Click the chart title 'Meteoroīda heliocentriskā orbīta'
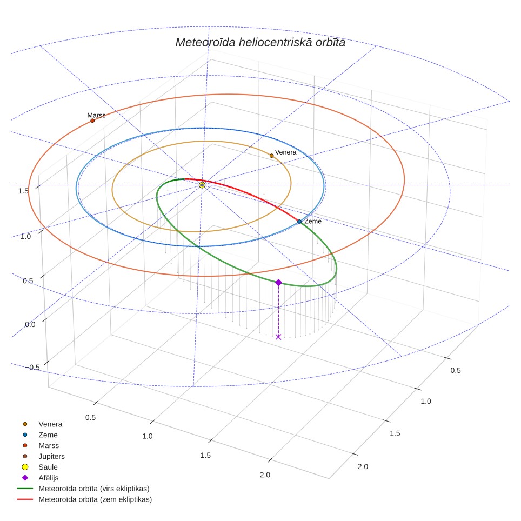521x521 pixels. click(260, 43)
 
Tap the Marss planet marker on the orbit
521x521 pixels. click(92, 121)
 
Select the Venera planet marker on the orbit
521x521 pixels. click(271, 156)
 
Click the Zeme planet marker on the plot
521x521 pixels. click(299, 221)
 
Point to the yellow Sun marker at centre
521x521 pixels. click(202, 185)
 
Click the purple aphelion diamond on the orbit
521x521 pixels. click(278, 283)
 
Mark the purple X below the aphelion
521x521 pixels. click(278, 337)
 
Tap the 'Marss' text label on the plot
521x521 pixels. click(96, 115)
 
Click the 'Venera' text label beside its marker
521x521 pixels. click(286, 152)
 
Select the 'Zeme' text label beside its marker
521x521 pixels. click(313, 221)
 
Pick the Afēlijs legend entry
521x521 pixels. click(40, 478)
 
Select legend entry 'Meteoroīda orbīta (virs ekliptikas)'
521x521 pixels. click(83, 489)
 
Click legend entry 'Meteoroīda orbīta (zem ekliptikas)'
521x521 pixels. click(85, 499)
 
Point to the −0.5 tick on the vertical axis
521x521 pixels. click(33, 367)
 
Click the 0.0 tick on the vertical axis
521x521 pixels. click(30, 324)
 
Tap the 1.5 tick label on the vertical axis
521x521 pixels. click(23, 191)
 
